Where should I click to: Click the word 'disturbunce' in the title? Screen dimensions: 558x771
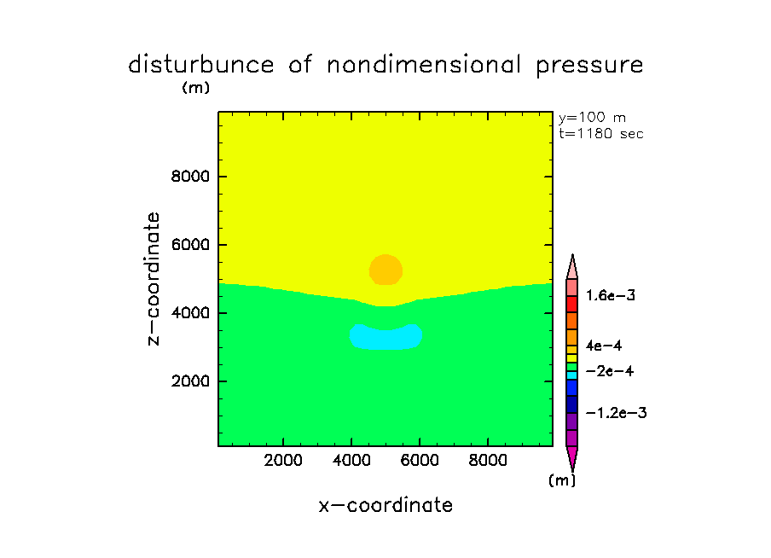tap(202, 65)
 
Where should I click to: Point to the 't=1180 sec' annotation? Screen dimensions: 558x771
tap(600, 133)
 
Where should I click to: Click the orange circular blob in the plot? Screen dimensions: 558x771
tap(385, 270)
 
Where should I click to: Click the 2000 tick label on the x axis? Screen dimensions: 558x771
tap(283, 461)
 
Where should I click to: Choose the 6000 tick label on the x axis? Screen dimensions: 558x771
tap(419, 461)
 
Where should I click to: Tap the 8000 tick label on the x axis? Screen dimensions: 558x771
tap(487, 461)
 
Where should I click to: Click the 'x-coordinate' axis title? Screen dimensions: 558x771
tap(385, 505)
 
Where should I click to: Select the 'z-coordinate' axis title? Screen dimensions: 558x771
tap(154, 278)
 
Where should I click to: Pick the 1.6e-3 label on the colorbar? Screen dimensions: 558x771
tap(611, 295)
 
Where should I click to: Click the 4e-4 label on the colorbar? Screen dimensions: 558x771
tap(604, 346)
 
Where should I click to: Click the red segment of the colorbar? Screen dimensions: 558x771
tap(572, 304)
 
